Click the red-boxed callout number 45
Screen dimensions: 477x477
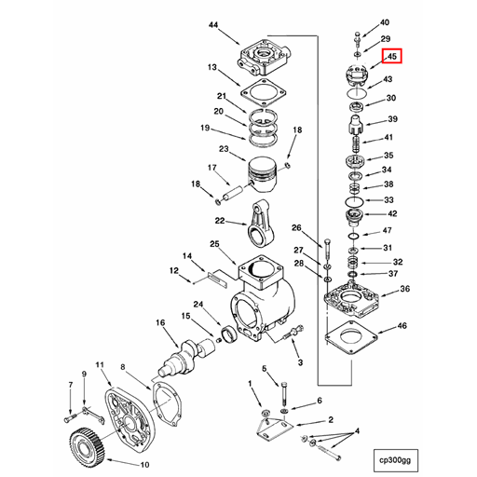click(x=392, y=57)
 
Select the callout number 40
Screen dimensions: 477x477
click(x=385, y=22)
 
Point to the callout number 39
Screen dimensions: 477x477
click(x=392, y=119)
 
